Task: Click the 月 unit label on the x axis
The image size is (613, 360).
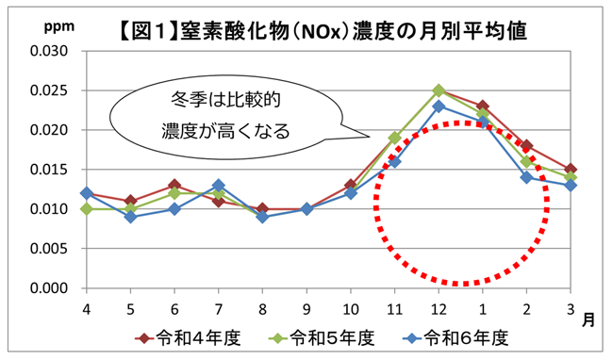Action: coord(588,320)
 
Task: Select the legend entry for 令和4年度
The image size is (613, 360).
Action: coord(179,336)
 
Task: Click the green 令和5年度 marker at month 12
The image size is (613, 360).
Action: coord(439,90)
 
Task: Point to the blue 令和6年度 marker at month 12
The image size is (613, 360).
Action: coord(439,106)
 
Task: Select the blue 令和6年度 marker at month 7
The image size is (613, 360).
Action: coord(219,186)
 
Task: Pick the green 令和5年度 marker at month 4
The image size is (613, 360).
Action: coord(87,209)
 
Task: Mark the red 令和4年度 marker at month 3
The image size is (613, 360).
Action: coord(571,170)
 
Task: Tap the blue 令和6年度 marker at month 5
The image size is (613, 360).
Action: coord(131,217)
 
